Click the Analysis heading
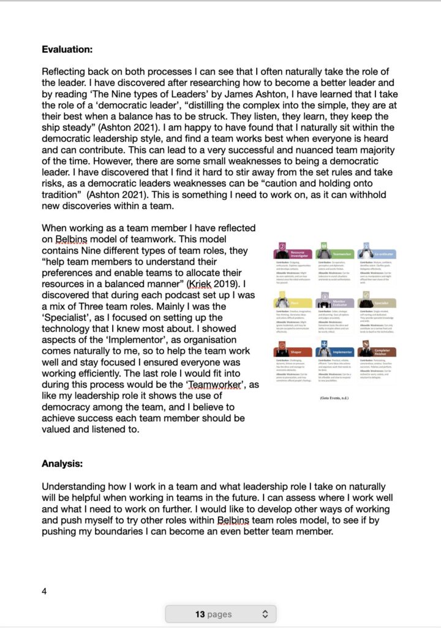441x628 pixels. (x=63, y=464)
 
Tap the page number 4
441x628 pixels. (x=44, y=591)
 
